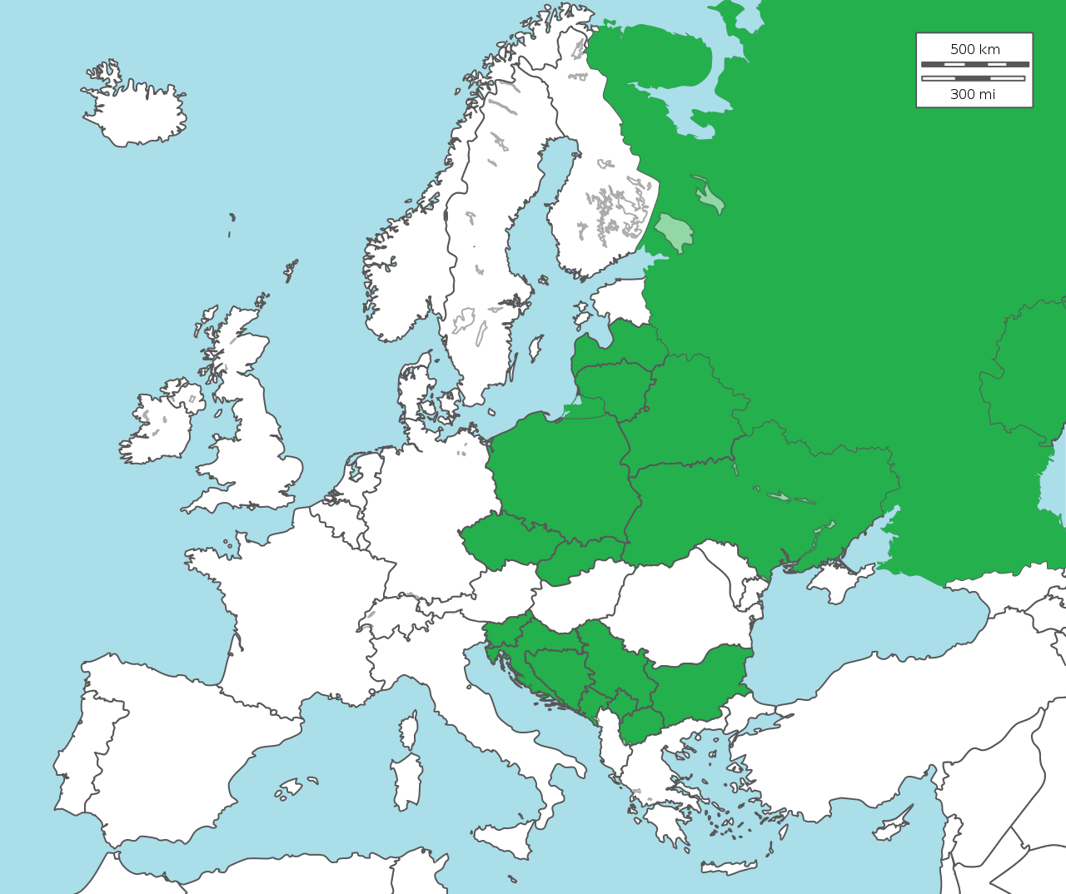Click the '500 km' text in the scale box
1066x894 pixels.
pyautogui.click(x=974, y=49)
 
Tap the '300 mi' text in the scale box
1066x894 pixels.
pyautogui.click(x=973, y=94)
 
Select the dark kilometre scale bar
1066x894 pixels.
pyautogui.click(x=974, y=64)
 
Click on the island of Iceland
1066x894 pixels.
pyautogui.click(x=137, y=112)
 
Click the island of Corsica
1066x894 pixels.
pyautogui.click(x=409, y=730)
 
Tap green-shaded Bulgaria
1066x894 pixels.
pyautogui.click(x=700, y=683)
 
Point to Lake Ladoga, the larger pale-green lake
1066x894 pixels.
pyautogui.click(x=675, y=231)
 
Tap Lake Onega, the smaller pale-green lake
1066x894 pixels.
pyautogui.click(x=710, y=198)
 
